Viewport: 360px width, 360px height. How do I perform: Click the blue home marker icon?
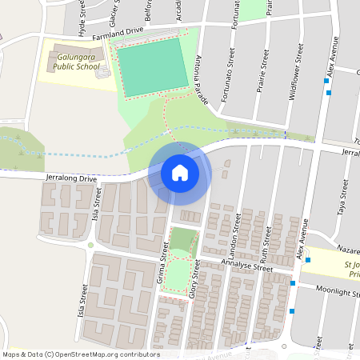pyautogui.click(x=180, y=173)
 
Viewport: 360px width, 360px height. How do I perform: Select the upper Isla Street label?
pyautogui.click(x=97, y=204)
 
